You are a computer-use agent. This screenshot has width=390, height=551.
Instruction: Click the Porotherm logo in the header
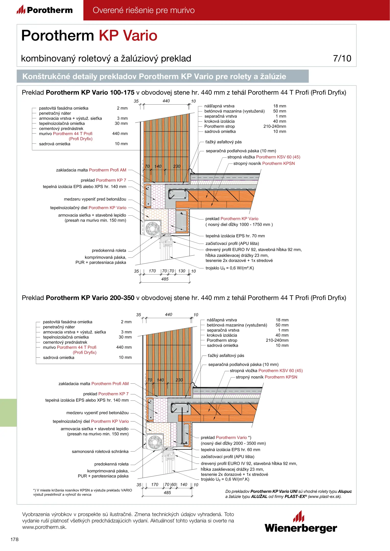(x=45, y=10)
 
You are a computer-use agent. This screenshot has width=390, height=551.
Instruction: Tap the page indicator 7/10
(x=342, y=58)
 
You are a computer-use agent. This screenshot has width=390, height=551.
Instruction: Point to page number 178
(x=15, y=539)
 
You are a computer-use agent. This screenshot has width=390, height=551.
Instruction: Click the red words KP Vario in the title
(x=128, y=35)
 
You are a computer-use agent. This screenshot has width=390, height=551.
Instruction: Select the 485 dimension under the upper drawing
(x=165, y=279)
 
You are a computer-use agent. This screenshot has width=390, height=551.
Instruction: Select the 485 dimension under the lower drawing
(x=167, y=493)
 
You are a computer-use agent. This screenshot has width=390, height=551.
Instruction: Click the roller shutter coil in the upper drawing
(x=152, y=228)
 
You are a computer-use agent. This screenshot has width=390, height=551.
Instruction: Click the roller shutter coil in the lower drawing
(x=155, y=442)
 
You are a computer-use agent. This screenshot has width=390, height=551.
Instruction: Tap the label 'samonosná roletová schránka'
(x=100, y=452)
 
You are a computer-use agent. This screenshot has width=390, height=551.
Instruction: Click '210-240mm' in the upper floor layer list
(x=275, y=127)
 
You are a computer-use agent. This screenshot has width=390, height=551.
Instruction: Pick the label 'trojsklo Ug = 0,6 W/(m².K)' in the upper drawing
(x=230, y=268)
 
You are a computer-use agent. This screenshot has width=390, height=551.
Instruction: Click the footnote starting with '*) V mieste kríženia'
(x=82, y=492)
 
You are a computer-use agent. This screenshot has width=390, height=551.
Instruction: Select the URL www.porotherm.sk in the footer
(x=44, y=527)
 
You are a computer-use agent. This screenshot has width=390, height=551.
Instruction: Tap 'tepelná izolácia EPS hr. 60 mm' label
(x=230, y=450)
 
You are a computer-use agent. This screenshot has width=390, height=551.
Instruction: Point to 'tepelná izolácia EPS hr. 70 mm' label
(x=235, y=236)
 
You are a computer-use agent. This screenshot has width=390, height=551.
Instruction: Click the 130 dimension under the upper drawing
(x=182, y=271)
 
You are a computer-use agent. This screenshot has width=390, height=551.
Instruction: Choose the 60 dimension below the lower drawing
(x=174, y=484)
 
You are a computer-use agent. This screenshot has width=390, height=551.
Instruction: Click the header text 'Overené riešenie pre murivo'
(x=144, y=10)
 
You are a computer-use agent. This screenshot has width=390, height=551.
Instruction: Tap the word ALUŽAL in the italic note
(x=259, y=496)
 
